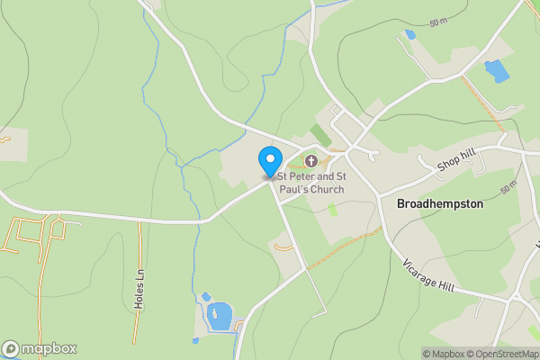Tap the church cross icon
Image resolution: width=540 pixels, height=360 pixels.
click(x=311, y=161)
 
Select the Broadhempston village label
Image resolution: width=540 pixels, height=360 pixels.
click(x=440, y=204)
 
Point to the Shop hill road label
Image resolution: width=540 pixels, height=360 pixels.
click(x=455, y=160)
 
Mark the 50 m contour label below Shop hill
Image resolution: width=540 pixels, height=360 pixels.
click(x=508, y=187)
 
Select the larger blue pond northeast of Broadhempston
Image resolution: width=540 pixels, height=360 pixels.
click(x=495, y=71)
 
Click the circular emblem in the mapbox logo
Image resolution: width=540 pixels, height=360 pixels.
click(x=12, y=348)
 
